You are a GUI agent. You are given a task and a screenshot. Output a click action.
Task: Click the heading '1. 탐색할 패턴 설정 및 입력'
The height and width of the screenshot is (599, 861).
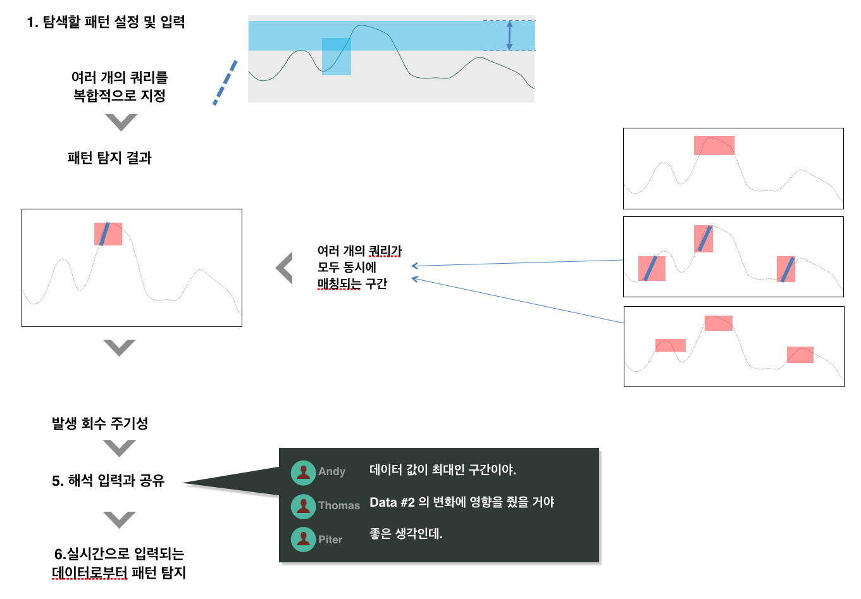106,22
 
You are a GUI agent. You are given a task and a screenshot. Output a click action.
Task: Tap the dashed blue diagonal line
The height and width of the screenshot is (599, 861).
225,82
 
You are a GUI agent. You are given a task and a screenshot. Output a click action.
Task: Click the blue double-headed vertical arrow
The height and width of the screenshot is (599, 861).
510,35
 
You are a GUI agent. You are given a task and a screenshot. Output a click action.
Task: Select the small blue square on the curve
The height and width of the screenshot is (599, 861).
337,56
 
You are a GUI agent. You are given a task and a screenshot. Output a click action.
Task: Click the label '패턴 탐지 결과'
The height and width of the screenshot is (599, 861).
109,157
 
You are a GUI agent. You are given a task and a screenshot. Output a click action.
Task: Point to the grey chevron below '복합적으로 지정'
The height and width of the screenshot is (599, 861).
121,123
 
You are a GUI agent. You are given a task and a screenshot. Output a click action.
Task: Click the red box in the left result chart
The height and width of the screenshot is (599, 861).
108,234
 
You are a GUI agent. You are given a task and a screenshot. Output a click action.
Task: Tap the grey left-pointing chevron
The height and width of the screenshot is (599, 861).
285,268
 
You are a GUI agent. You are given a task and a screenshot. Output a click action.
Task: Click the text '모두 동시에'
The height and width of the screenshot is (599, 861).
346,267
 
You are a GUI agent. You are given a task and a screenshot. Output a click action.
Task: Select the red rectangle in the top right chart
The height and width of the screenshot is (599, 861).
714,145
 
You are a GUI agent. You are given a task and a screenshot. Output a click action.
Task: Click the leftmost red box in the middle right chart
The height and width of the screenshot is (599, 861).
652,268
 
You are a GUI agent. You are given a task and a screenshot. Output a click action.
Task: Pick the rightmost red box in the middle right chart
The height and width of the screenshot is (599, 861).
786,269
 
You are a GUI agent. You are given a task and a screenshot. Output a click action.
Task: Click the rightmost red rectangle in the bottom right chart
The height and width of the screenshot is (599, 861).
800,355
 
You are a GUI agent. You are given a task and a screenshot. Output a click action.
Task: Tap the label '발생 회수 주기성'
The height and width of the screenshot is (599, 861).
100,423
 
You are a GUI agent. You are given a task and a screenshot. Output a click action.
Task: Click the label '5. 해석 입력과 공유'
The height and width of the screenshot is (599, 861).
108,481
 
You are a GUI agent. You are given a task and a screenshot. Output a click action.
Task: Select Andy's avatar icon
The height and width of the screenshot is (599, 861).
303,473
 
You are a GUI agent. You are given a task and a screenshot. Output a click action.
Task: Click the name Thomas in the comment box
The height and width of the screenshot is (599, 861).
339,505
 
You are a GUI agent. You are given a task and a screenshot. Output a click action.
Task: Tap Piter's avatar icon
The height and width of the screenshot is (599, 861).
303,540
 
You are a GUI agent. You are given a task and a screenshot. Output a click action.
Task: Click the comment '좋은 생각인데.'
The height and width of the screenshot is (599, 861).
406,533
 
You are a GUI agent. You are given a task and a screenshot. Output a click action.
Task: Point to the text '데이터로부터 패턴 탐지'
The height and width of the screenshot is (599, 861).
119,572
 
